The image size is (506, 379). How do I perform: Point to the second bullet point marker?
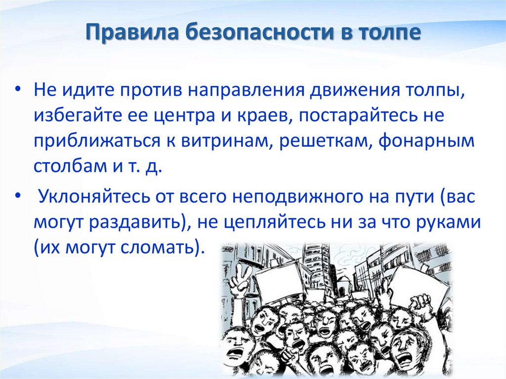click(x=18, y=196)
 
